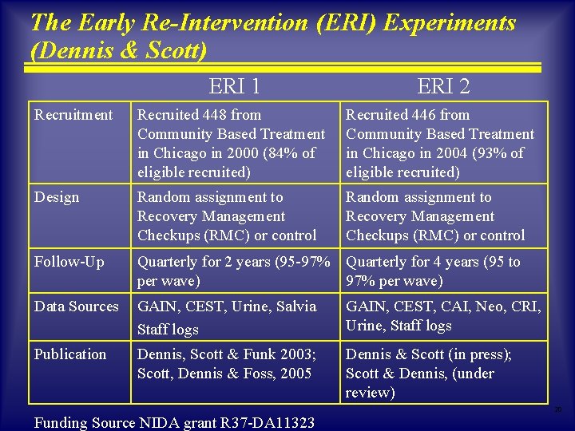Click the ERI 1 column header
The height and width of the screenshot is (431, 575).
(x=234, y=85)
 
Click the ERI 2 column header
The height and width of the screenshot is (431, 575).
(x=443, y=85)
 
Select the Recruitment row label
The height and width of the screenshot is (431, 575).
(x=73, y=115)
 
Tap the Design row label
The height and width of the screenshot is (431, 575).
(x=57, y=197)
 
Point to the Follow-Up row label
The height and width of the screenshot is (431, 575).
(x=69, y=262)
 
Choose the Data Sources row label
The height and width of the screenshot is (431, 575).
(x=76, y=306)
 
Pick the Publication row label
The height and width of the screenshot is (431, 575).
(x=70, y=354)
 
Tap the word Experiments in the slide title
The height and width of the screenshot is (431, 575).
(x=450, y=22)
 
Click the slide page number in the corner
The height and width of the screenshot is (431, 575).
(x=558, y=409)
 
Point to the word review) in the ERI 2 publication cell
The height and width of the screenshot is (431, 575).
(x=371, y=393)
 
